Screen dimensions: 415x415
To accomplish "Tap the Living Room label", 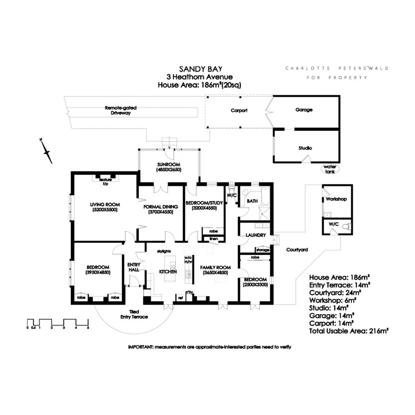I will (105, 204).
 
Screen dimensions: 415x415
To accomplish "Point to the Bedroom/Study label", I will (203, 202).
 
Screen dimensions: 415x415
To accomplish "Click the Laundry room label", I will (256, 235).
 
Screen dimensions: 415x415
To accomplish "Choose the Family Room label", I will (215, 267).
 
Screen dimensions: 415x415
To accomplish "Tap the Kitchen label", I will (168, 272).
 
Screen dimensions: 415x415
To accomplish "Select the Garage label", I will (304, 110).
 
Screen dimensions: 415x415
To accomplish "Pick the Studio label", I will (305, 148).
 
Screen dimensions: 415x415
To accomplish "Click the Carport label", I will (239, 111).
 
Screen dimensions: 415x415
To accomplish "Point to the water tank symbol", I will (329, 168).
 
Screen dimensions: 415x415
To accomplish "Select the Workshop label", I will (336, 199).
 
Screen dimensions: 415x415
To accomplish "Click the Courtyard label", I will (297, 249).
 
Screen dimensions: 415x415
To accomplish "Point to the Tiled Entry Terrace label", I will (134, 314).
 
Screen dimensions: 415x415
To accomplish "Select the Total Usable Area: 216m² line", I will (349, 331).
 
